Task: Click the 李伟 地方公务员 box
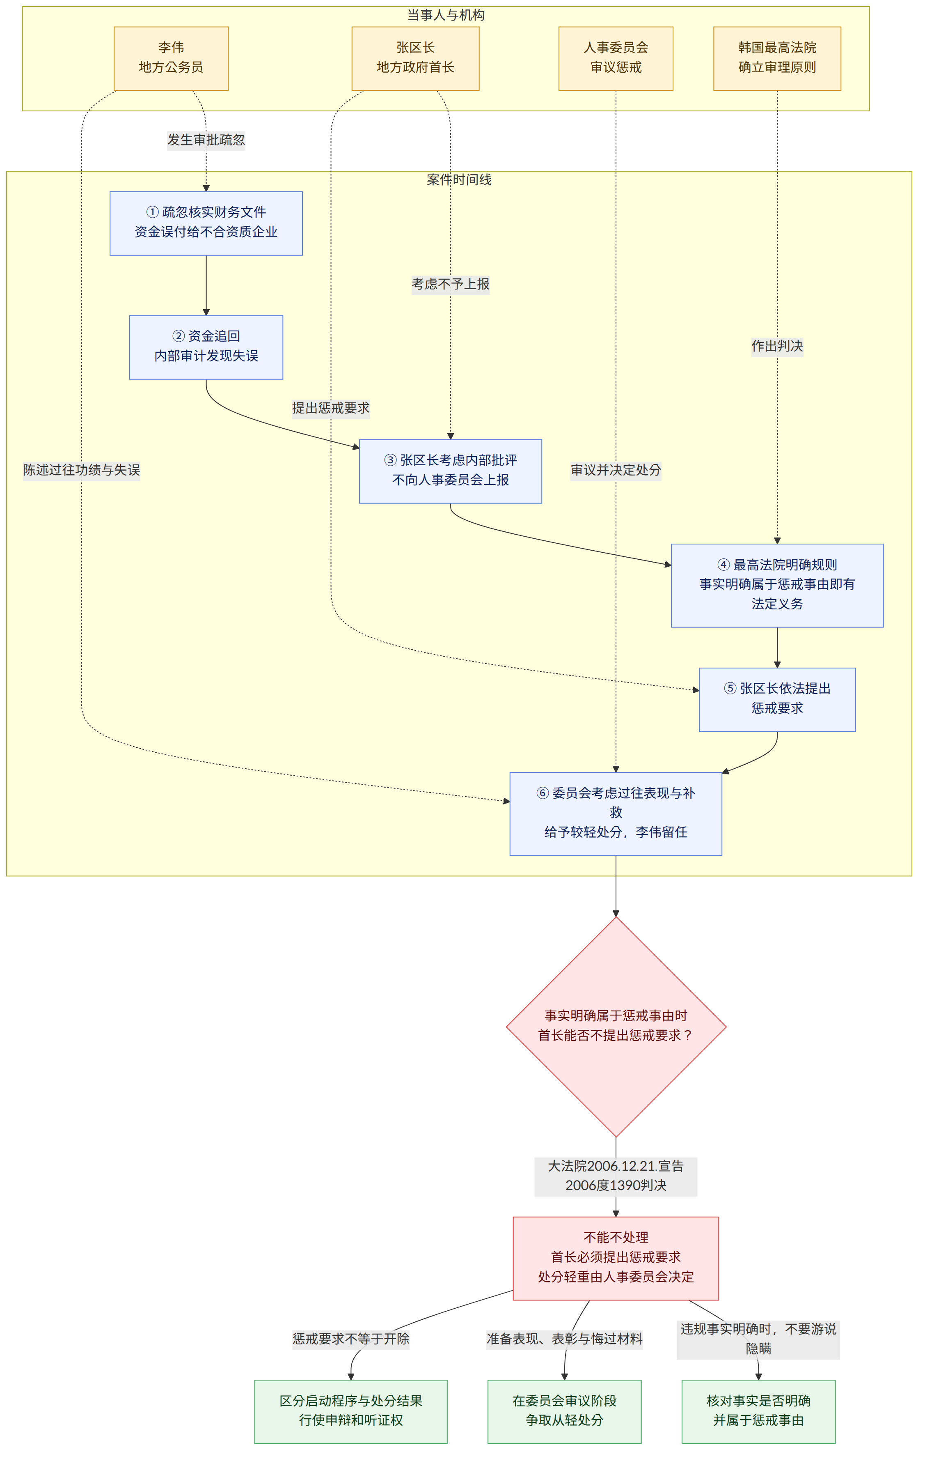coord(171,58)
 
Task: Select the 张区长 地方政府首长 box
coord(415,58)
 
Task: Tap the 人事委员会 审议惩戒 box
coord(616,58)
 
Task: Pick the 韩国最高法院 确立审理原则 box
coord(777,58)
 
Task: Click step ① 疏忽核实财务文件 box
coord(206,223)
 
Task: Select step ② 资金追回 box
coord(206,347)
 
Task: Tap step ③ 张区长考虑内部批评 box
coord(451,471)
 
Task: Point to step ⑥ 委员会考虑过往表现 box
coord(616,813)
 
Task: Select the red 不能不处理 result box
coord(616,1258)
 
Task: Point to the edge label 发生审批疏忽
coord(206,140)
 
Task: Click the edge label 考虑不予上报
coord(451,284)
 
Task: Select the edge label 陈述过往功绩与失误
coord(81,470)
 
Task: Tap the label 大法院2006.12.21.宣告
coord(616,1165)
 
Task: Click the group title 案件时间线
coord(459,179)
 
